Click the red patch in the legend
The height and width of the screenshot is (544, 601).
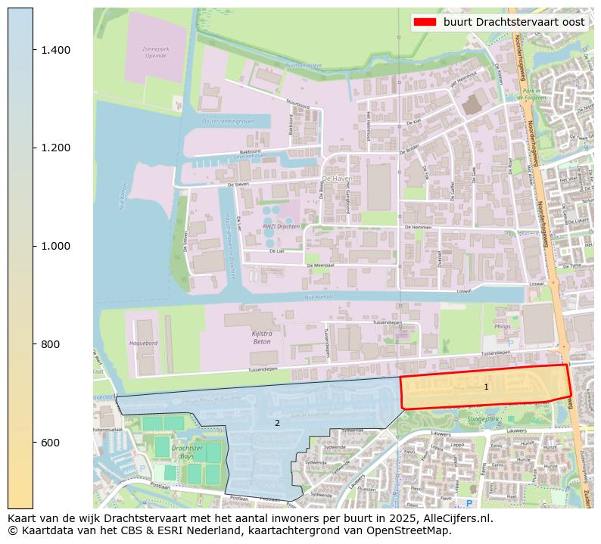pyautogui.click(x=425, y=22)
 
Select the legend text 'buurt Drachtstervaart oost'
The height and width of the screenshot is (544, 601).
pyautogui.click(x=513, y=22)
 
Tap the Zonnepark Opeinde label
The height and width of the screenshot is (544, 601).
pyautogui.click(x=154, y=53)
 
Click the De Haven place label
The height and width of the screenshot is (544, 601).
pyautogui.click(x=337, y=179)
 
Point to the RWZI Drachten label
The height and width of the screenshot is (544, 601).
pyautogui.click(x=281, y=226)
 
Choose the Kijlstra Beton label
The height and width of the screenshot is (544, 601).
pyautogui.click(x=261, y=337)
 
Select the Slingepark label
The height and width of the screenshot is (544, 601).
pyautogui.click(x=484, y=418)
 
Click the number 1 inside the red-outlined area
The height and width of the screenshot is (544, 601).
pyautogui.click(x=486, y=387)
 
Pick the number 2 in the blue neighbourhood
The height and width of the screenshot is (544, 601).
pyautogui.click(x=277, y=423)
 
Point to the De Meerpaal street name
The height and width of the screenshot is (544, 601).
pyautogui.click(x=320, y=266)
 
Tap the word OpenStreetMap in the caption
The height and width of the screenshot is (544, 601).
pyautogui.click(x=409, y=530)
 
